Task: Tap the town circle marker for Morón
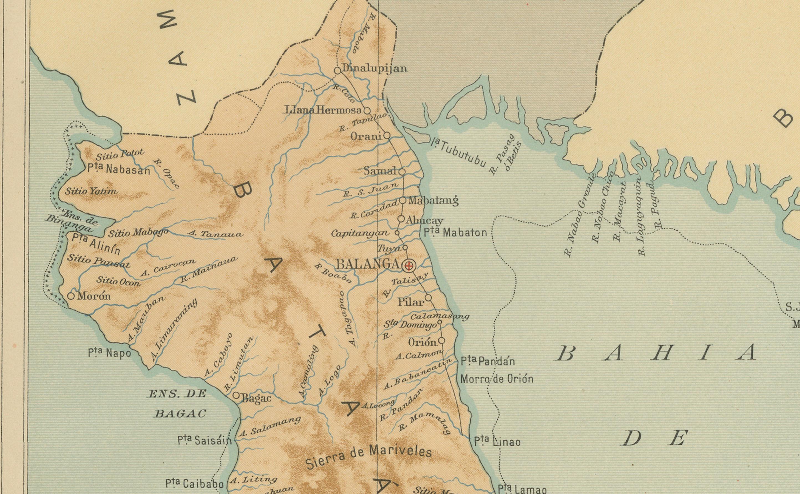pyautogui.click(x=71, y=296)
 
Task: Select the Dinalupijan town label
pyautogui.click(x=374, y=69)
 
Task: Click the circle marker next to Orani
pyautogui.click(x=387, y=135)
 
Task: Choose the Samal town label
pyautogui.click(x=380, y=171)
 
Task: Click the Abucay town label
pyautogui.click(x=424, y=221)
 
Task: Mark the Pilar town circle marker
pyautogui.click(x=428, y=298)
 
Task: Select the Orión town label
pyautogui.click(x=422, y=342)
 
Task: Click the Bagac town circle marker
pyautogui.click(x=236, y=395)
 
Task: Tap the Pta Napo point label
pyautogui.click(x=109, y=353)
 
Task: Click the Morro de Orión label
pyautogui.click(x=496, y=379)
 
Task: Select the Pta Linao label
pyautogui.click(x=497, y=442)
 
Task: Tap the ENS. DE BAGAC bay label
pyautogui.click(x=178, y=404)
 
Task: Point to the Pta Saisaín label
pyautogui.click(x=205, y=440)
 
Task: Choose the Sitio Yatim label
pyautogui.click(x=91, y=191)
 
